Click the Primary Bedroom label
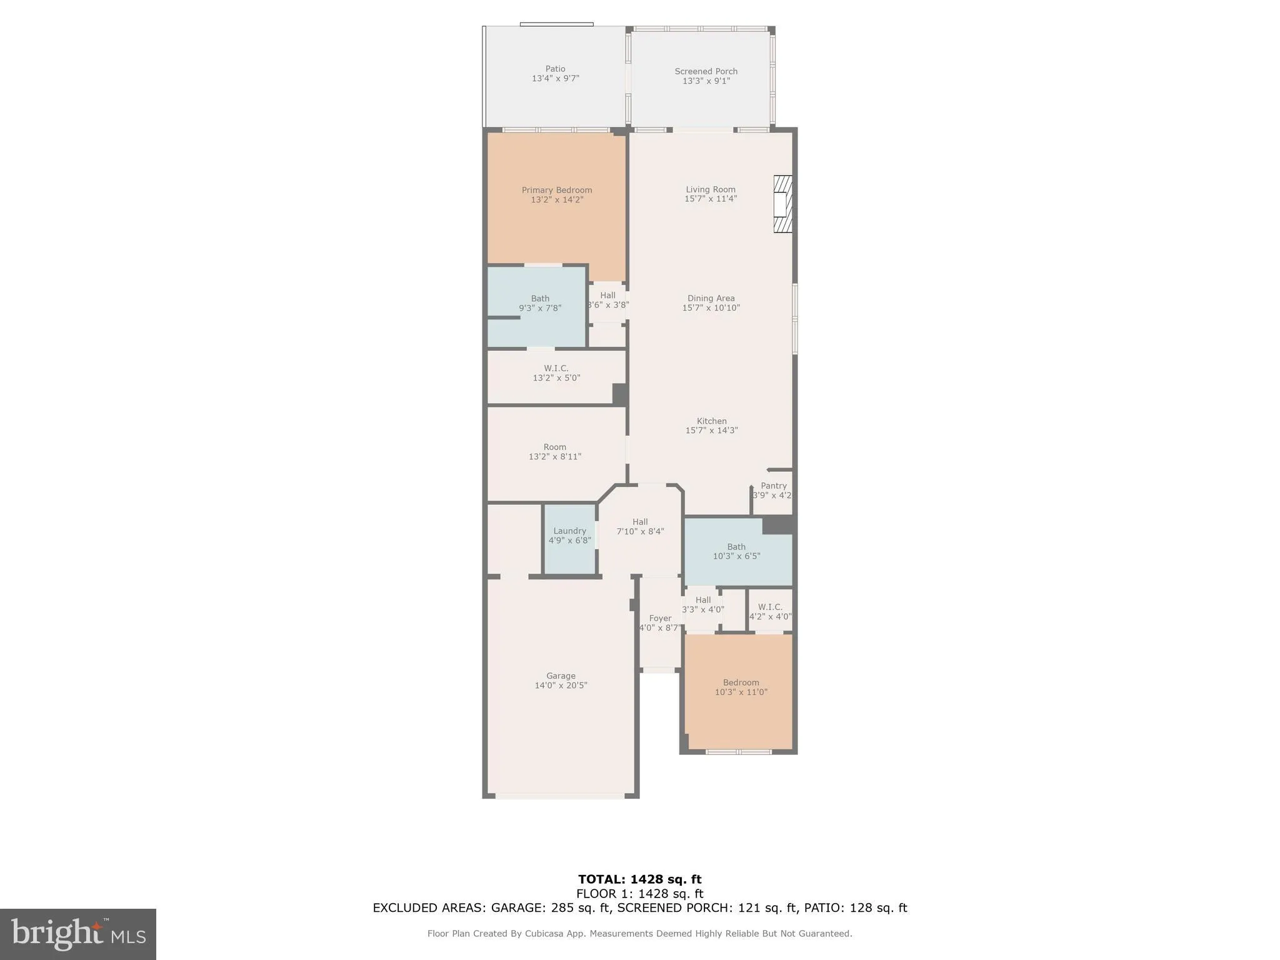coord(556,190)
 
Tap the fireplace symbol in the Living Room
coord(782,204)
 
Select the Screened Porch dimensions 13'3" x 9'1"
coord(706,81)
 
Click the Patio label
coord(555,69)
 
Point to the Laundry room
coord(569,536)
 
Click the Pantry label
coord(773,486)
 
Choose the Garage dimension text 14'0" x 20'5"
coord(561,686)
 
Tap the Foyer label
coord(660,618)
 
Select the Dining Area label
coord(711,298)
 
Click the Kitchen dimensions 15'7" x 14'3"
coord(711,431)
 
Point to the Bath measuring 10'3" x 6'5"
coord(736,551)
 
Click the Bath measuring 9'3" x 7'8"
coord(540,303)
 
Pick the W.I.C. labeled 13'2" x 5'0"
coord(556,373)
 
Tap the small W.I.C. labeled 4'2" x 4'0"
coord(770,611)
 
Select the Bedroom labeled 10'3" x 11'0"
coord(741,687)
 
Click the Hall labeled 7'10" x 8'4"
coord(640,526)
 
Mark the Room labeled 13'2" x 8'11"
coord(554,451)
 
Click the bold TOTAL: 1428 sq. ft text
coord(639,879)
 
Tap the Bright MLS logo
coord(78,934)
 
